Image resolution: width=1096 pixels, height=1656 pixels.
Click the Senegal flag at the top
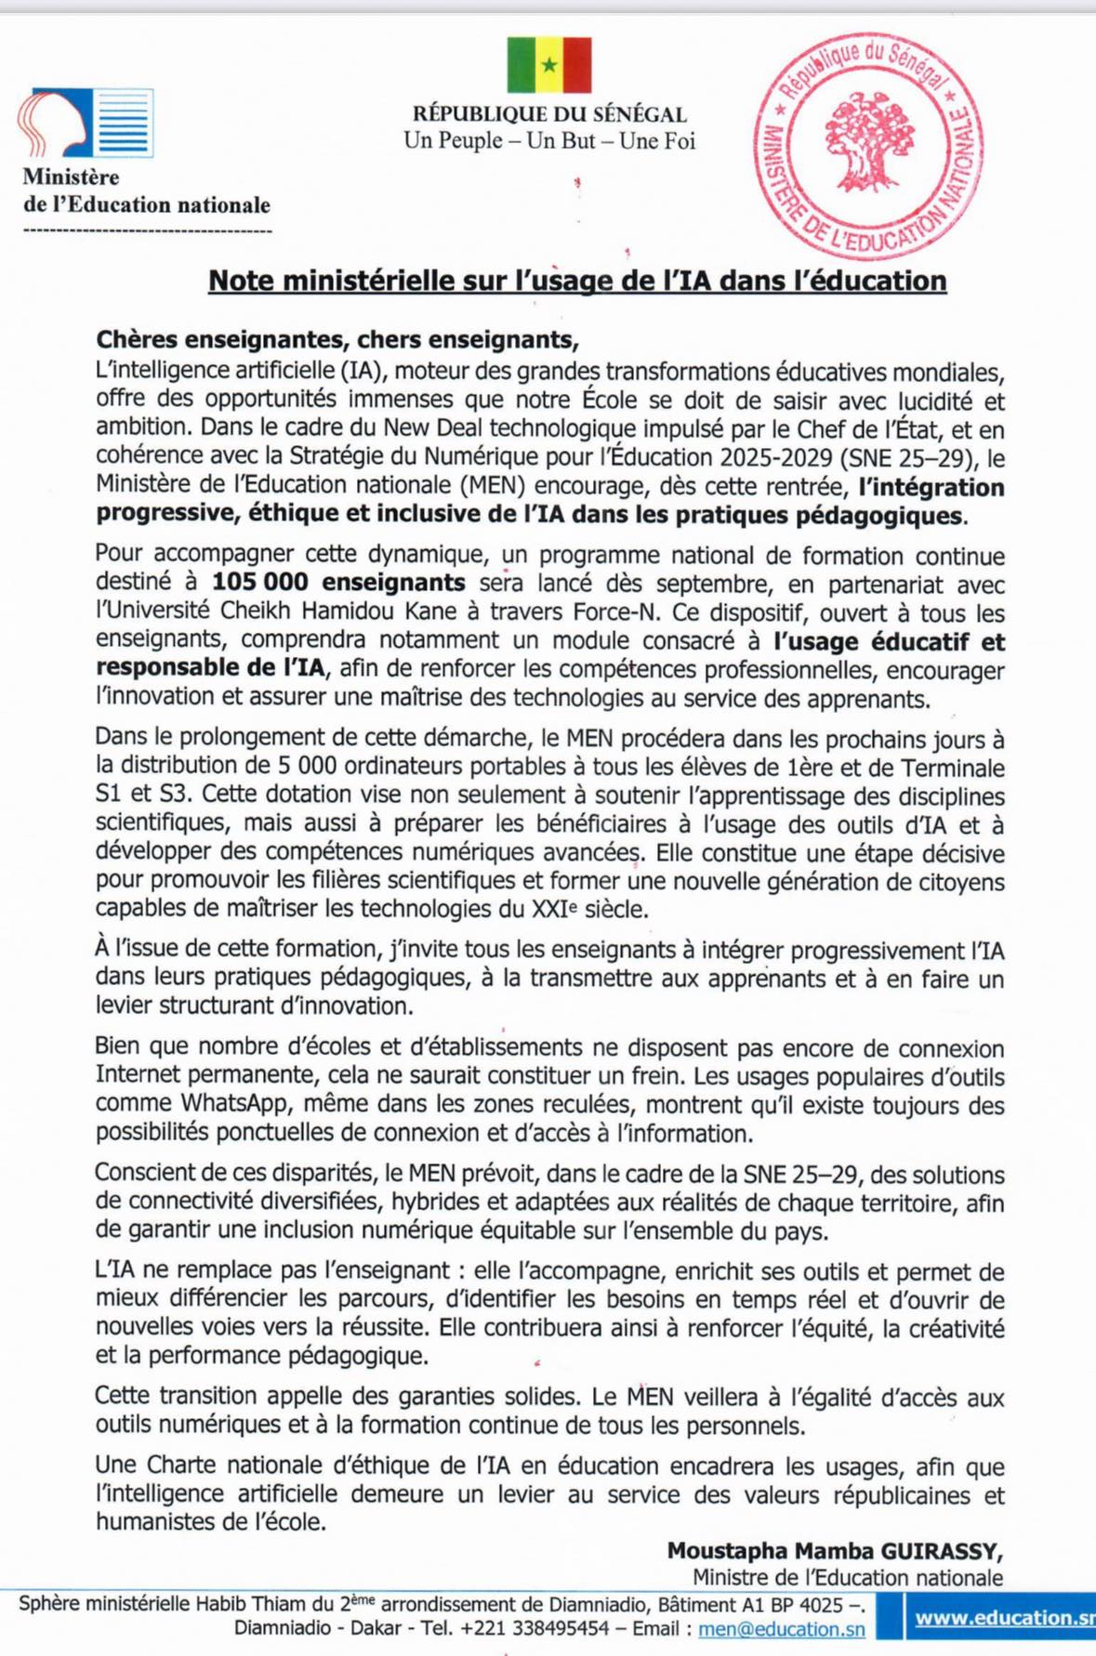(549, 65)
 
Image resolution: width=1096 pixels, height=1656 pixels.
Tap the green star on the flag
(549, 65)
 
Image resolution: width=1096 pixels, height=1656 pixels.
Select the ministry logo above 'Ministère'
(86, 123)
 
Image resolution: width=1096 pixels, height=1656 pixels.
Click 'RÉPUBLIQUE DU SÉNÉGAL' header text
(549, 114)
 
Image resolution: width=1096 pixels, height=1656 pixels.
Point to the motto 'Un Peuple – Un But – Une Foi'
(549, 141)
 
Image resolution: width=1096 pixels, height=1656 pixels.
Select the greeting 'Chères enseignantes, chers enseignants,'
(337, 339)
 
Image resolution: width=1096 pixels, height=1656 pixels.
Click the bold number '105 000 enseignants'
(338, 583)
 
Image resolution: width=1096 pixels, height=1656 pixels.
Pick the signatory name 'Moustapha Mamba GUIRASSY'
(834, 1550)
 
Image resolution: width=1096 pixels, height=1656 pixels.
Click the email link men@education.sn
(781, 1628)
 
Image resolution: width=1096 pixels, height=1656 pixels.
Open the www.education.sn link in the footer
(1004, 1617)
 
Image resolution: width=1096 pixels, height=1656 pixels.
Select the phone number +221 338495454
(535, 1628)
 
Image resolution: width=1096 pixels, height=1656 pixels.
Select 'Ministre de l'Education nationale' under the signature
(847, 1577)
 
